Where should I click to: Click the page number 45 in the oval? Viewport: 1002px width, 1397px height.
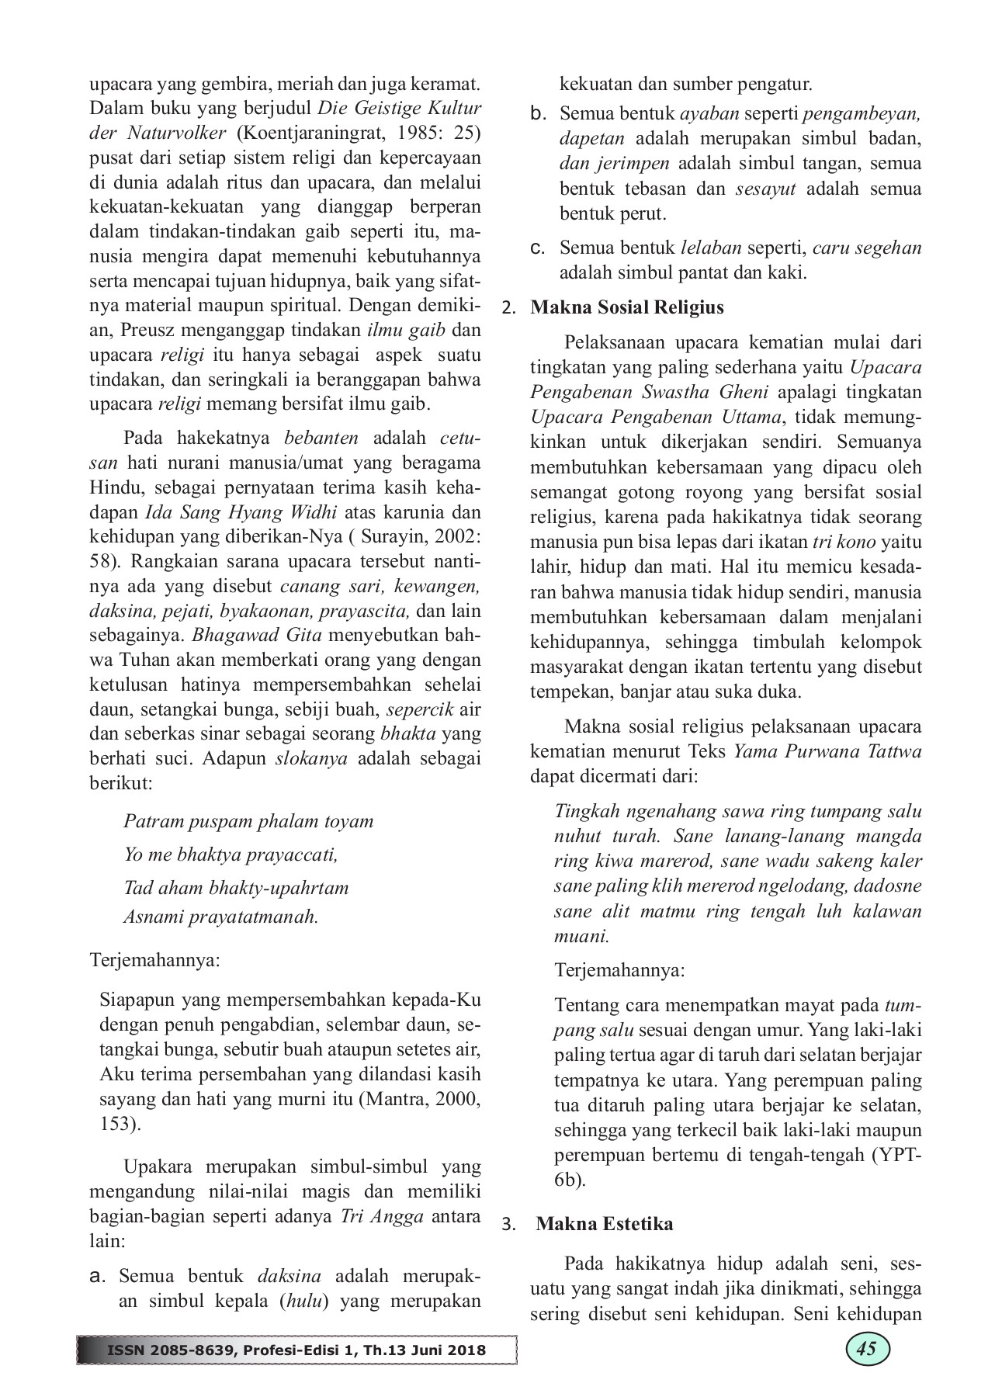click(x=866, y=1348)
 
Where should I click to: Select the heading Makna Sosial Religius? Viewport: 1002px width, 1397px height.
click(x=627, y=307)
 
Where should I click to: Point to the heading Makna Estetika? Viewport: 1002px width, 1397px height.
click(x=605, y=1224)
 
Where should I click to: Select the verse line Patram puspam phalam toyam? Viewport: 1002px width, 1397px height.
click(x=248, y=821)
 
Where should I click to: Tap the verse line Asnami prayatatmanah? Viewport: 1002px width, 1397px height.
click(x=221, y=917)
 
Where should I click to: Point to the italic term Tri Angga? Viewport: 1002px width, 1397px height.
click(x=382, y=1216)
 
